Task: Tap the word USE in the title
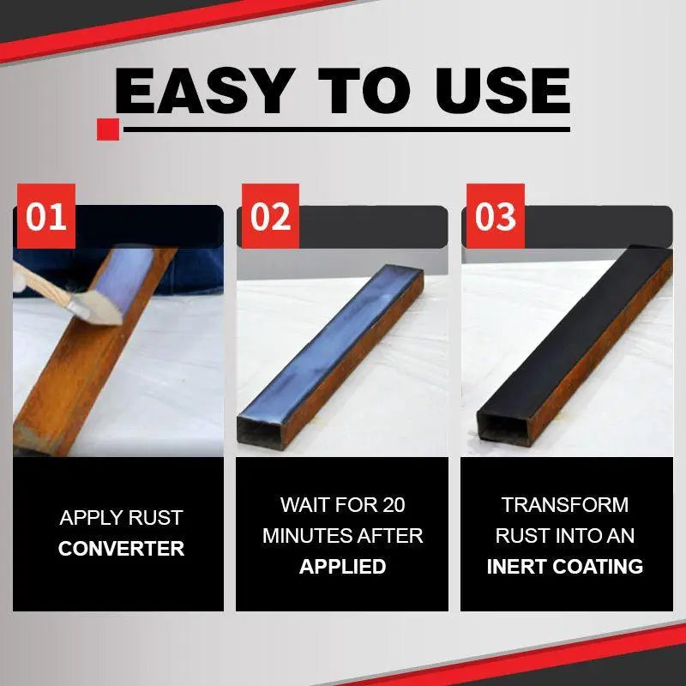[496, 90]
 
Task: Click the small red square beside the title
[108, 129]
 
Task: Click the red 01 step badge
[45, 216]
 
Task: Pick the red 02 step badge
[270, 216]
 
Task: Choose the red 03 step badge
[494, 216]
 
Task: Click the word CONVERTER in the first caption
[121, 549]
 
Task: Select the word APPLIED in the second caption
[342, 566]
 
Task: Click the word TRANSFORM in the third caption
[565, 504]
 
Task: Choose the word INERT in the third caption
[519, 566]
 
